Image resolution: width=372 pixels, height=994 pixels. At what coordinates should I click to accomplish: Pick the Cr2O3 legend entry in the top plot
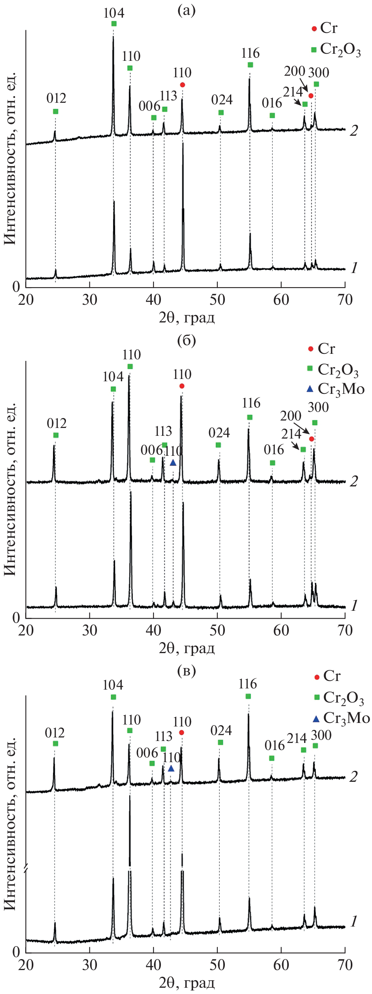340,49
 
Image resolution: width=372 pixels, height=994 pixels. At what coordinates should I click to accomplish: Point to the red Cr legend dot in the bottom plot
317,677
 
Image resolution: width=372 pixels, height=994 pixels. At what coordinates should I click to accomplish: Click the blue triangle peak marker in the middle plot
173,463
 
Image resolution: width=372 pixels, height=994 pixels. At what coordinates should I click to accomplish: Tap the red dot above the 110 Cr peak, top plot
182,85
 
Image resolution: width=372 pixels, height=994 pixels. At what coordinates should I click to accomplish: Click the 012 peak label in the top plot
56,98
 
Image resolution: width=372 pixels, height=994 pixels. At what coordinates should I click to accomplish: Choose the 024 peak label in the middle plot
219,433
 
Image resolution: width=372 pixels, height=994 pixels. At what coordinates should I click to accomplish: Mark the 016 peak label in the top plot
272,103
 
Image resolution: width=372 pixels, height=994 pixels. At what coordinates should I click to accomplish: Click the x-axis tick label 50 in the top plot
217,300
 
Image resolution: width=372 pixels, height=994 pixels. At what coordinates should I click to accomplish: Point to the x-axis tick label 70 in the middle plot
345,630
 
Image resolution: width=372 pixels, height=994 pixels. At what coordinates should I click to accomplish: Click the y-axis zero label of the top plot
16,286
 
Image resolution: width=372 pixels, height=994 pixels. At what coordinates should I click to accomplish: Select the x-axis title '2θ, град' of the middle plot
187,648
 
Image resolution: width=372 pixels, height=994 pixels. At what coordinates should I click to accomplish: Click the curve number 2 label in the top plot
354,131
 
